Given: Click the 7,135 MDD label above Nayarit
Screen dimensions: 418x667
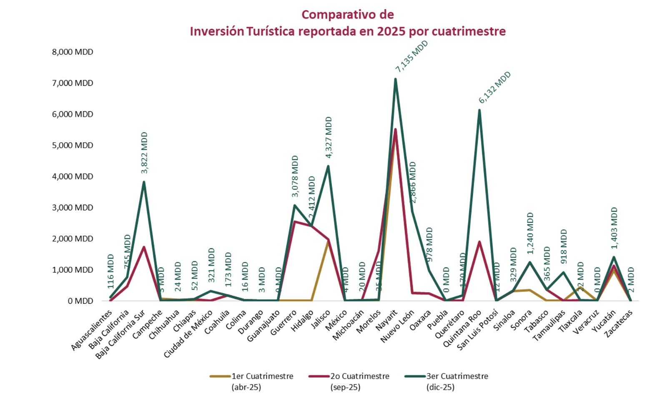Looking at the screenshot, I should point(412,56).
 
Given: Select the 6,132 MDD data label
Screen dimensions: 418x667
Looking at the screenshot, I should point(494,87).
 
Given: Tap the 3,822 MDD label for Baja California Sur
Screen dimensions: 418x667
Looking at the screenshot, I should point(144,153).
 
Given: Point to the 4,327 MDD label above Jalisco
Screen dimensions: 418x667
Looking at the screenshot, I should point(328,137).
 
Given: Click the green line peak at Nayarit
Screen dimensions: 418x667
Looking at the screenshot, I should point(395,79).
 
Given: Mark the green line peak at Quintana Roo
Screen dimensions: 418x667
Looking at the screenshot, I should point(479,110).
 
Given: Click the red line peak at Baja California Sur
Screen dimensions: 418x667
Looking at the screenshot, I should point(144,247).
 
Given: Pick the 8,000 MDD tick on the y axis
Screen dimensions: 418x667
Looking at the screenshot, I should point(73,52).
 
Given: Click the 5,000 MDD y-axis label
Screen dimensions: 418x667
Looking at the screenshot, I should point(73,145).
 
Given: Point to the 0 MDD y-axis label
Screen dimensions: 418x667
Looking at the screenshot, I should point(80,301).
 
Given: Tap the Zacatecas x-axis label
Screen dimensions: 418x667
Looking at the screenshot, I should point(619,324).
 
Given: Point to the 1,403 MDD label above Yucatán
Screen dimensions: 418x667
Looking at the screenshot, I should point(614,228).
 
